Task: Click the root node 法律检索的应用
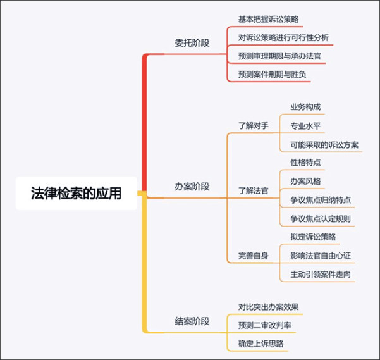[77, 193]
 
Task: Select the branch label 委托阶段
[192, 43]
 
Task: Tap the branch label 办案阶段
[192, 187]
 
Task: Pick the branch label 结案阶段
[192, 321]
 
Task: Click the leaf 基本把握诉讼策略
[268, 19]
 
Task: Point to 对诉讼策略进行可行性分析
[283, 37]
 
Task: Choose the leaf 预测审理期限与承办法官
[279, 56]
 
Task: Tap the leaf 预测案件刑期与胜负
[272, 75]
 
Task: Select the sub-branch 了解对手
[254, 126]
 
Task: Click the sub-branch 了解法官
[254, 191]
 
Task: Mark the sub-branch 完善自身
[254, 256]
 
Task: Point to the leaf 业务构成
[305, 107]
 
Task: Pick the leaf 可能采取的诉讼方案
[324, 145]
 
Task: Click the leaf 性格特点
[305, 163]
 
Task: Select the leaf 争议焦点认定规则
[321, 219]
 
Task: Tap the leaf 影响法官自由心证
[321, 256]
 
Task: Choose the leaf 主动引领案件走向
[321, 275]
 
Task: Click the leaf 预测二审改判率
[265, 325]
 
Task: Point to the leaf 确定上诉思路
[260, 344]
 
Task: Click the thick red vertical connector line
[144, 122]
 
